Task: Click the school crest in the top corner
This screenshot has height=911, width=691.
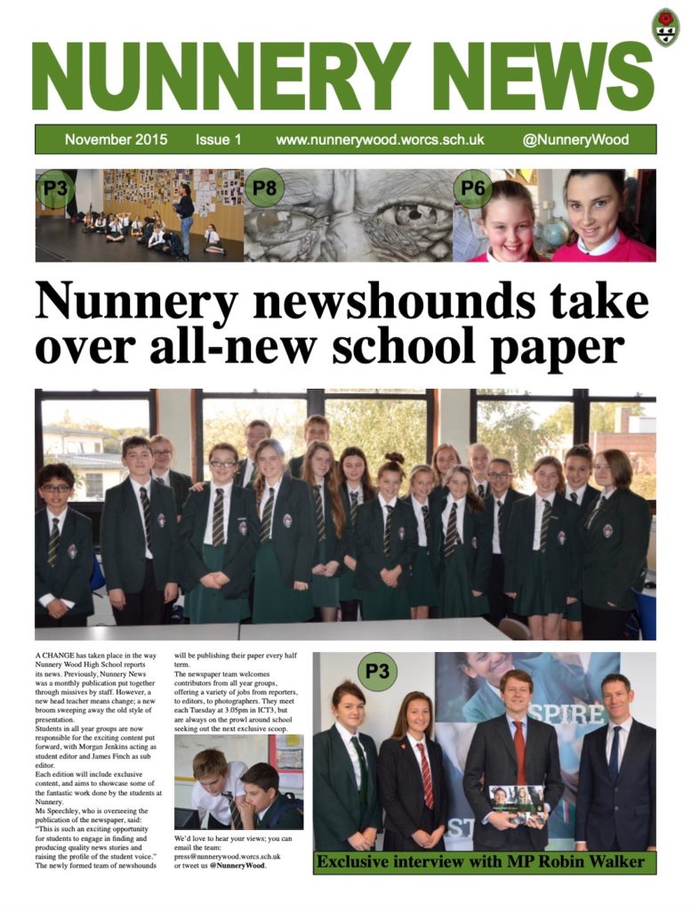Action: (664, 27)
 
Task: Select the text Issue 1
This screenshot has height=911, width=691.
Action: (218, 140)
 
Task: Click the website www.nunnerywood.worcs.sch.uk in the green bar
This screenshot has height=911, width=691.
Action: (380, 140)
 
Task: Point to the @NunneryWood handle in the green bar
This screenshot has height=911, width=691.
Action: (575, 140)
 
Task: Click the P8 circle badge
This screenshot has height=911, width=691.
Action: (264, 188)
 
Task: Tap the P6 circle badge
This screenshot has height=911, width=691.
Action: (472, 188)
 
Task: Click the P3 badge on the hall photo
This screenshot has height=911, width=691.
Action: (55, 188)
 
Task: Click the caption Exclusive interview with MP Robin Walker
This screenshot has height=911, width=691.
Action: (481, 861)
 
